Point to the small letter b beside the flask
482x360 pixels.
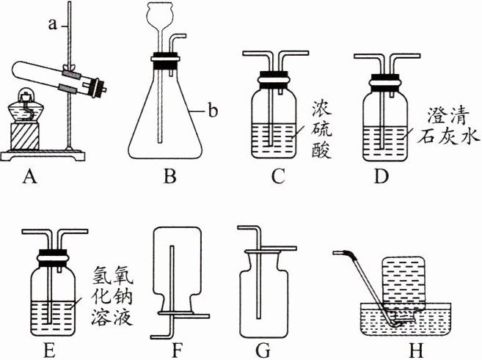213,111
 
